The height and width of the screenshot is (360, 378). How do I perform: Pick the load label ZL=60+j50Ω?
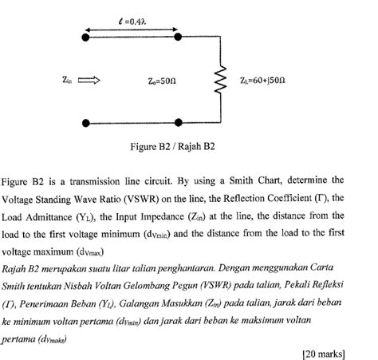[x=260, y=80]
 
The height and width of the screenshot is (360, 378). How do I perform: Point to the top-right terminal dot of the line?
[x=175, y=36]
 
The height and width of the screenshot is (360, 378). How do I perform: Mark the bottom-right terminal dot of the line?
[x=175, y=122]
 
